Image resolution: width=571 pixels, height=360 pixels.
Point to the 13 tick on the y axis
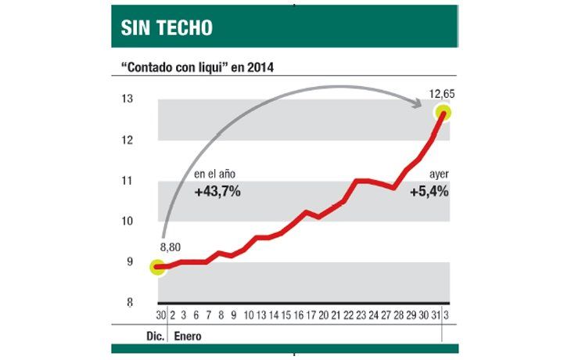pos(127,99)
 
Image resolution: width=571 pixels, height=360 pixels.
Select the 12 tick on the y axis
pos(127,139)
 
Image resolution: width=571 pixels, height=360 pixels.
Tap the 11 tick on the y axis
pos(127,181)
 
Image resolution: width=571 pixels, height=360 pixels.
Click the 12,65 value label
pos(441,94)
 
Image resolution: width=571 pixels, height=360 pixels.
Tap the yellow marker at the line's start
pos(160,267)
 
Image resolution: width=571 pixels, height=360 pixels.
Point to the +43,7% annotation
pos(217,190)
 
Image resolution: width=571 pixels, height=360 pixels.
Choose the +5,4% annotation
pos(429,190)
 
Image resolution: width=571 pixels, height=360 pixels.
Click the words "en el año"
pos(214,175)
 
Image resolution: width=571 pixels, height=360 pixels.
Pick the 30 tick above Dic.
pos(160,315)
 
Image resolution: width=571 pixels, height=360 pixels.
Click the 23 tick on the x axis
pos(359,315)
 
